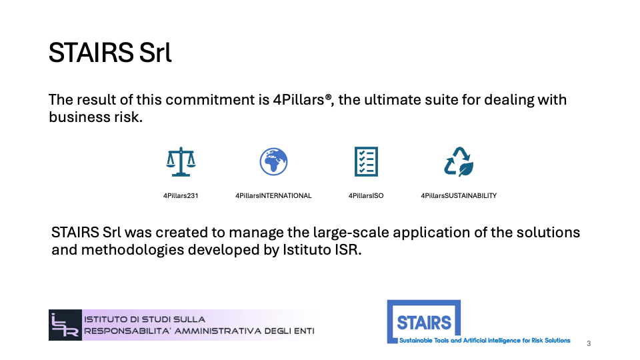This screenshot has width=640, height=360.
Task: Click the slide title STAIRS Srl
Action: pos(110,53)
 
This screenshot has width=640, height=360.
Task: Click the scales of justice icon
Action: pos(181,161)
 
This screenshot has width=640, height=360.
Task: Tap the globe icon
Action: pos(273,161)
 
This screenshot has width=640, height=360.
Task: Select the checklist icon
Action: pos(366,161)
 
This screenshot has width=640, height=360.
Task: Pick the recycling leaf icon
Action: pos(459,161)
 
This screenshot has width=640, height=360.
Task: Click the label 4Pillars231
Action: pos(181,196)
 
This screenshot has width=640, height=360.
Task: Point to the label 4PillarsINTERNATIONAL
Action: pos(273,196)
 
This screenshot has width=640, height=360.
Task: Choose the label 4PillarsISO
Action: pos(366,196)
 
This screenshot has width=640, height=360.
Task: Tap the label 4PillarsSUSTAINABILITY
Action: pos(459,196)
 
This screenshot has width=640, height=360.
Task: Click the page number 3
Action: pos(589,344)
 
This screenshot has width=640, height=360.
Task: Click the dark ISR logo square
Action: pos(65,325)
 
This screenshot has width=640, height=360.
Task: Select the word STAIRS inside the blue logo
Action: pos(424,323)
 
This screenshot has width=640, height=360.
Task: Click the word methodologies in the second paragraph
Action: pos(133,250)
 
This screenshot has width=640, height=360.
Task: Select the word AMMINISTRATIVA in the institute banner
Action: pos(217,331)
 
